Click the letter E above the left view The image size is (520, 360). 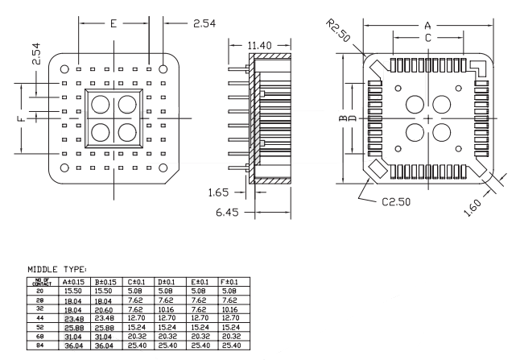113,23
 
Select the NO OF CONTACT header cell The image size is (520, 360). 39,282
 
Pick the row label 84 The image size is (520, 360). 39,345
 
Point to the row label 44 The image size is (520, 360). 39,317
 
